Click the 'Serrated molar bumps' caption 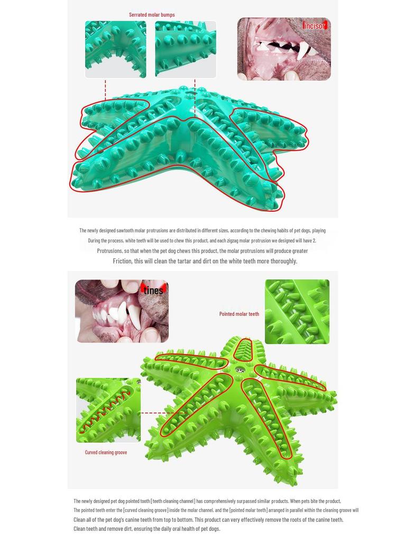(x=152, y=15)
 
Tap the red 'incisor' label (x=315, y=25)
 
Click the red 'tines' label (x=153, y=290)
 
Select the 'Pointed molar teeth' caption (x=239, y=314)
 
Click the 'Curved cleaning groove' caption (x=106, y=452)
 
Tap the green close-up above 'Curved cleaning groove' (x=108, y=410)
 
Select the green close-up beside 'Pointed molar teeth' (x=297, y=312)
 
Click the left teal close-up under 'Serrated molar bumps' (x=116, y=49)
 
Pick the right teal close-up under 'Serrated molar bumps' (x=186, y=49)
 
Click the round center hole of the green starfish (x=240, y=371)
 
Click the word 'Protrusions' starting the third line (x=109, y=251)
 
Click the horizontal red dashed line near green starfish (x=161, y=413)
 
